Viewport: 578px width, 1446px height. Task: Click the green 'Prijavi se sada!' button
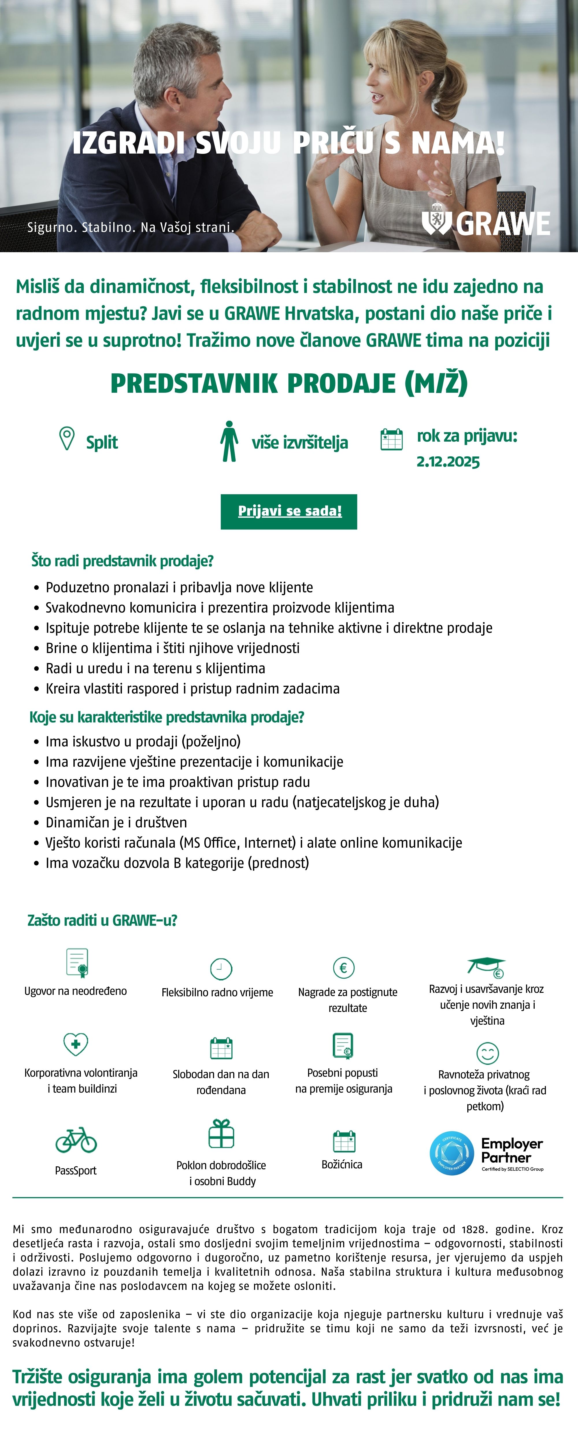tap(289, 511)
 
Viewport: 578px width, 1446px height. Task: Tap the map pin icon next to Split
tap(67, 438)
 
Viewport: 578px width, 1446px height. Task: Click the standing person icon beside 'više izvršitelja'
tap(229, 442)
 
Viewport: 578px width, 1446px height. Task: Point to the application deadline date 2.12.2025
tap(448, 462)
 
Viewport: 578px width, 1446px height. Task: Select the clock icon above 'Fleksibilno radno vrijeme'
tap(221, 969)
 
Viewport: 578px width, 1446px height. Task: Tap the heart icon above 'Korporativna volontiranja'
tap(76, 1044)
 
